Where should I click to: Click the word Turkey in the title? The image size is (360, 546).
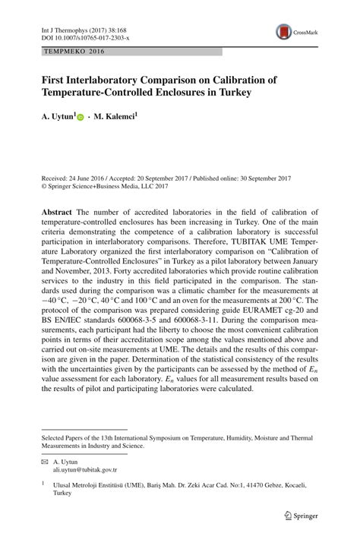(x=233, y=93)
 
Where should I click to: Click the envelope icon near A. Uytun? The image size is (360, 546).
(x=44, y=461)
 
